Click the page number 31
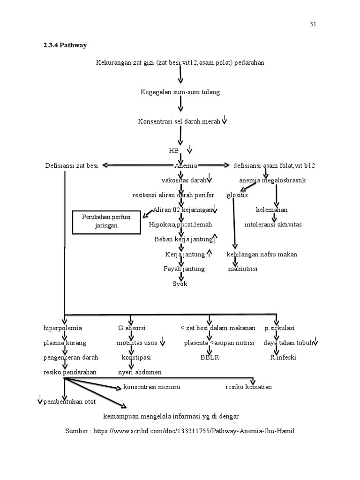coord(313,24)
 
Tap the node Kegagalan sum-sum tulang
coord(180,92)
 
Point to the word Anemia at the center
coord(186,165)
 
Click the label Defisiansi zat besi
coord(71,165)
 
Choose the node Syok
coord(180,284)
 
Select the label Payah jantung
coord(184,269)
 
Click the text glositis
coord(237,195)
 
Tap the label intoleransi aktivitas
coord(273,225)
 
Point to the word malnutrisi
coord(243,269)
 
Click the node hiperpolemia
coord(62,328)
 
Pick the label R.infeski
coord(283,357)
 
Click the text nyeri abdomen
coord(140,372)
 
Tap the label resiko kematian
coord(248,387)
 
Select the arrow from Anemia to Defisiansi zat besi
coord(136,165)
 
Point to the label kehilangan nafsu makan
coord(262,254)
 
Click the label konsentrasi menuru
coord(151,387)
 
